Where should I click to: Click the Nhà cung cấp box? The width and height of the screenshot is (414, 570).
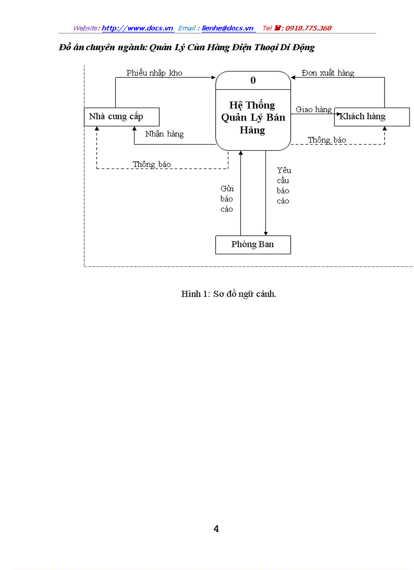(x=121, y=117)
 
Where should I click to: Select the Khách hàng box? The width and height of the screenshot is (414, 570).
(x=371, y=117)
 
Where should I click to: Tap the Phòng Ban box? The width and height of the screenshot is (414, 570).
(x=253, y=245)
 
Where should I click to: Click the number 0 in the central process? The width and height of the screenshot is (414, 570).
(x=253, y=80)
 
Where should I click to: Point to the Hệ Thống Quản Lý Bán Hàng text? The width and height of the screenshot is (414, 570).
(x=253, y=117)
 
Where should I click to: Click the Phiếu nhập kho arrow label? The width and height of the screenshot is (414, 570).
(x=154, y=73)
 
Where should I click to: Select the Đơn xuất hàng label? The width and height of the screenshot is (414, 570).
(x=328, y=73)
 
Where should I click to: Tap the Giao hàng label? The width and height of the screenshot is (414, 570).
(x=314, y=110)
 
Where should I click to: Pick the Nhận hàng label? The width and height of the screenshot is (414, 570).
(x=164, y=135)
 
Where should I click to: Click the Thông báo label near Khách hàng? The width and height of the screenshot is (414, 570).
(x=327, y=140)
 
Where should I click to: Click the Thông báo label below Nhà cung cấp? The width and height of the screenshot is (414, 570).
(x=152, y=164)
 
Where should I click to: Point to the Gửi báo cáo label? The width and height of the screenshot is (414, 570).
(x=227, y=199)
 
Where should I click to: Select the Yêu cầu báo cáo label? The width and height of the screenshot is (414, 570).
(x=284, y=186)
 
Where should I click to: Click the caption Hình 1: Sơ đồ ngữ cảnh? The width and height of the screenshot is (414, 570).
(x=229, y=294)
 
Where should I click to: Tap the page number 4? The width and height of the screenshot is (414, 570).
(x=216, y=529)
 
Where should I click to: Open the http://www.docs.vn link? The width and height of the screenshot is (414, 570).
(x=137, y=28)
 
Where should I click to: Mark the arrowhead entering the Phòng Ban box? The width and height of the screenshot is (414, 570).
(x=265, y=233)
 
